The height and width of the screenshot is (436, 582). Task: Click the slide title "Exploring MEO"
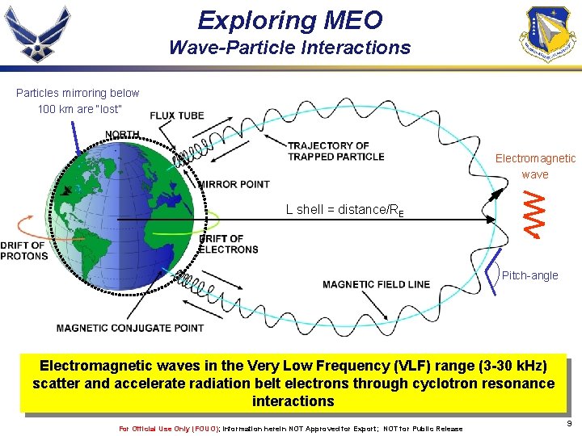[290, 19]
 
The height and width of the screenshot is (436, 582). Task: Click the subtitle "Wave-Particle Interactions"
[289, 48]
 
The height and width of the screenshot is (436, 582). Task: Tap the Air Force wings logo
[38, 34]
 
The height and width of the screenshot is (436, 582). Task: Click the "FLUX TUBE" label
[177, 115]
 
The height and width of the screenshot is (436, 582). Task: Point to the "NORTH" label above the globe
[121, 134]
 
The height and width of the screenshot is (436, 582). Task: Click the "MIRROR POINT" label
[234, 184]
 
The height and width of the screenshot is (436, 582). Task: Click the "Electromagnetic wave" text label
[534, 166]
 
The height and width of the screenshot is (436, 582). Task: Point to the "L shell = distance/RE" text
[344, 210]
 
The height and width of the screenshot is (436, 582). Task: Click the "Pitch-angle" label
[529, 275]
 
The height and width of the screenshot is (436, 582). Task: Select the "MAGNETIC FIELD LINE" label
[376, 284]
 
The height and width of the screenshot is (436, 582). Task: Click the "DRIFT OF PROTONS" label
[23, 250]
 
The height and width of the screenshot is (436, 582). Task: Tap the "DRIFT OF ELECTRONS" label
[228, 244]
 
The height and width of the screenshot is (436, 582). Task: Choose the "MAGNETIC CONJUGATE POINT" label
[130, 328]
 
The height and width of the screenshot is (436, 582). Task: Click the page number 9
[570, 423]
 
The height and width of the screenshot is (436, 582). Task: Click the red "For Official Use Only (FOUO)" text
[169, 429]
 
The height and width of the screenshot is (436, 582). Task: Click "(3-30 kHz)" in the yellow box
[500, 366]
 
